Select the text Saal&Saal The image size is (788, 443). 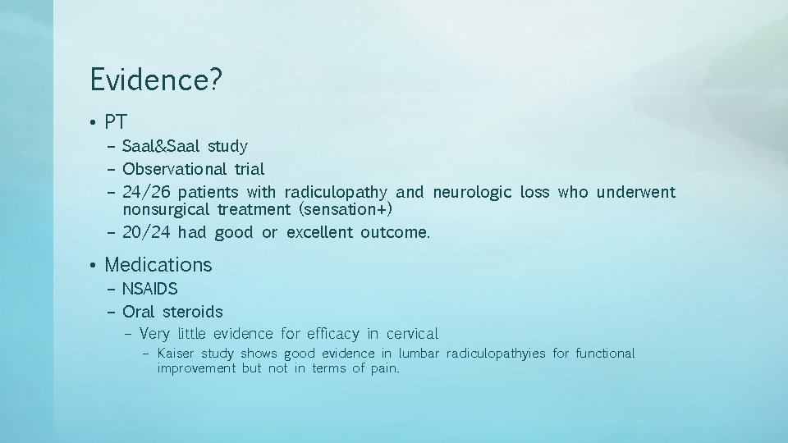click(163, 146)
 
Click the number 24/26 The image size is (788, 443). click(147, 192)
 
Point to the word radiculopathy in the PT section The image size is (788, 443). click(335, 193)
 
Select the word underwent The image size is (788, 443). click(635, 192)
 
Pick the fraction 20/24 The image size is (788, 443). click(146, 232)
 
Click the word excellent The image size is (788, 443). click(320, 232)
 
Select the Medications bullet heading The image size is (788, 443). click(158, 265)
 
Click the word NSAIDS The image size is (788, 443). click(150, 289)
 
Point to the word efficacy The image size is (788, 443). click(332, 334)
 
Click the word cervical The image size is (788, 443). click(410, 334)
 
